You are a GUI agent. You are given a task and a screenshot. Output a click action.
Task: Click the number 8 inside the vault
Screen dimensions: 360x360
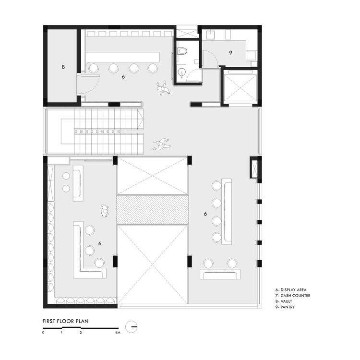click(x=63, y=67)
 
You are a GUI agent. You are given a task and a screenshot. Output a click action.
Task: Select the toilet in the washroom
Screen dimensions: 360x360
click(x=182, y=49)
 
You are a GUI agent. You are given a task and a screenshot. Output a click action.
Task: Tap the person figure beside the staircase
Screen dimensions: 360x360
click(x=162, y=144)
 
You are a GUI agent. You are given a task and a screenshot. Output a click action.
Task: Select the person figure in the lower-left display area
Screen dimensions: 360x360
click(x=105, y=211)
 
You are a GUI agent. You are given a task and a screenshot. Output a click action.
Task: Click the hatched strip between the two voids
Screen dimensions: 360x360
click(x=152, y=210)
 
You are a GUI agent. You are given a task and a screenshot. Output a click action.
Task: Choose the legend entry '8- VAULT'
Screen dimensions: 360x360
click(x=285, y=302)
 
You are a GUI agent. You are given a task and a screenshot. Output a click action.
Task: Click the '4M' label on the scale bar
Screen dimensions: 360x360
click(x=118, y=333)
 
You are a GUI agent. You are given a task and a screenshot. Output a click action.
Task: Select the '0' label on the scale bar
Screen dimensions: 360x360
click(x=43, y=333)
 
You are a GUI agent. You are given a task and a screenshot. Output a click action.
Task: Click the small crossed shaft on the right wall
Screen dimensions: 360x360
click(x=254, y=168)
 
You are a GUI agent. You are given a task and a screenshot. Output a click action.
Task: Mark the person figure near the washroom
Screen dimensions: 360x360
click(x=163, y=88)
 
